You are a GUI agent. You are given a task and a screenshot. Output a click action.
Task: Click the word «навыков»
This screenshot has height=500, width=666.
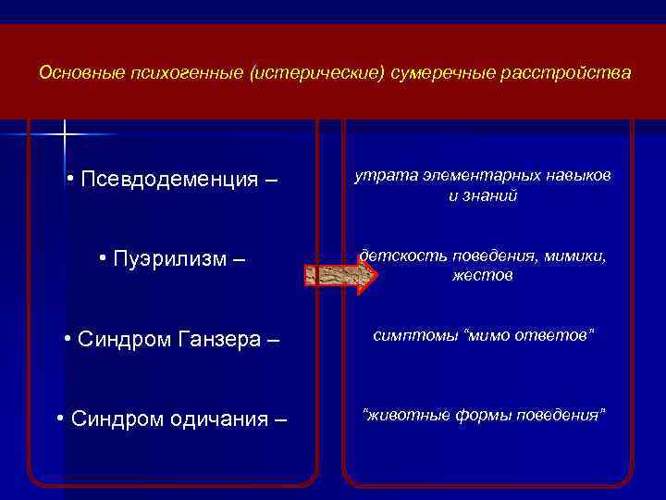[578, 176]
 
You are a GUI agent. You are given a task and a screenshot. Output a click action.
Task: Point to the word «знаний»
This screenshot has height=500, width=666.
[491, 196]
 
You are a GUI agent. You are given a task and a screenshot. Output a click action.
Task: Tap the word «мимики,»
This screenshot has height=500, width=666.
[575, 256]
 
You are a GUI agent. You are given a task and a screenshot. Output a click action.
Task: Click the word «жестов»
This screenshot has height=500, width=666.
[483, 276]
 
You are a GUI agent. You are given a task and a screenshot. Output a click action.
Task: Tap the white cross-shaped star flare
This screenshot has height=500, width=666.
[66, 135]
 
